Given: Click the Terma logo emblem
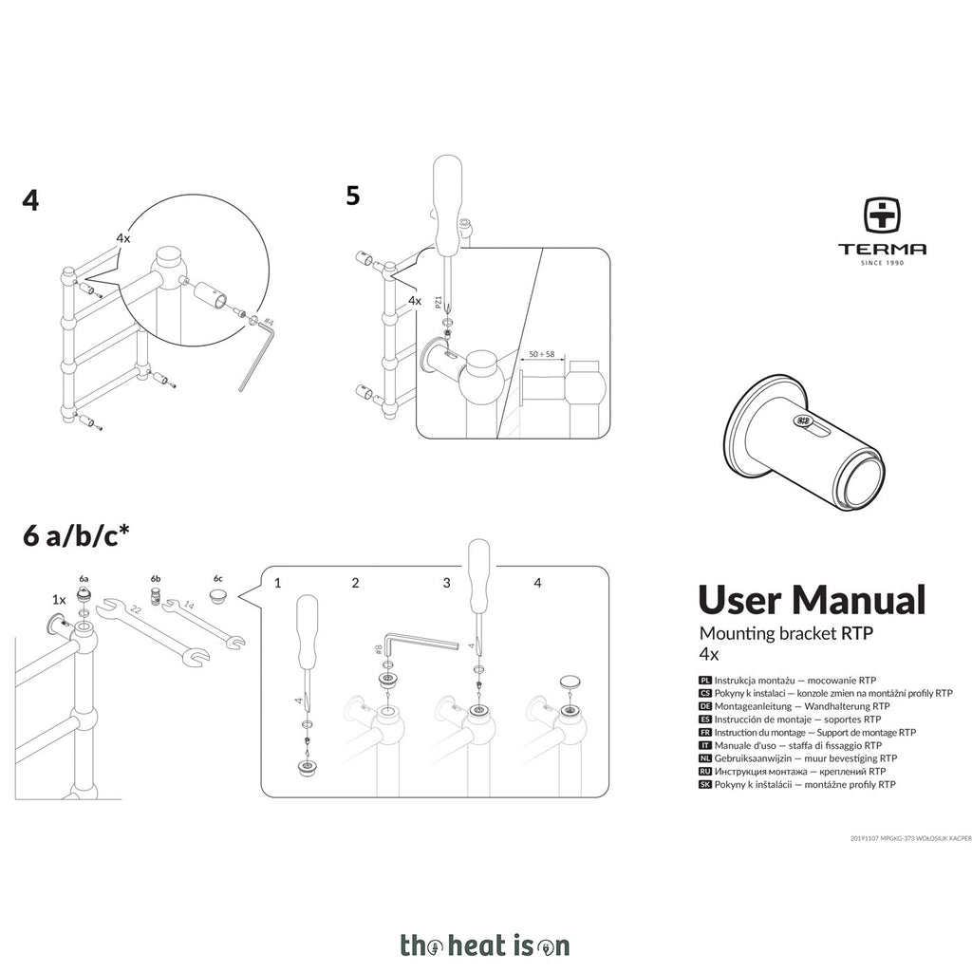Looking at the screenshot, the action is [883, 216].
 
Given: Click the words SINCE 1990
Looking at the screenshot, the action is [882, 263].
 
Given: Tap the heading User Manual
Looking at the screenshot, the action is [812, 600].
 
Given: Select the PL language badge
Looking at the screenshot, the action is [705, 680].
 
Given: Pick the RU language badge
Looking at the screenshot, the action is [705, 771].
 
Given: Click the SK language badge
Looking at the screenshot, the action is [705, 784].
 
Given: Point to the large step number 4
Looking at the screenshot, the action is [30, 200].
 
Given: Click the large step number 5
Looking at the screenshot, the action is [353, 196].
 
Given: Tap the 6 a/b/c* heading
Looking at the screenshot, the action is [76, 534].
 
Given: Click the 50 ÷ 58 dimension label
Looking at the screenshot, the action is [541, 355].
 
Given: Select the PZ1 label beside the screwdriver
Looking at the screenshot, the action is [439, 302].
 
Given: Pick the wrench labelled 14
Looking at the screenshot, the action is [204, 623].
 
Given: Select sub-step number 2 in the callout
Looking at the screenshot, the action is [355, 583].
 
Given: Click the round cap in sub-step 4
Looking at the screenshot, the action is [570, 682].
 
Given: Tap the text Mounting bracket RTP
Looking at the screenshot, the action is [786, 633].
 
